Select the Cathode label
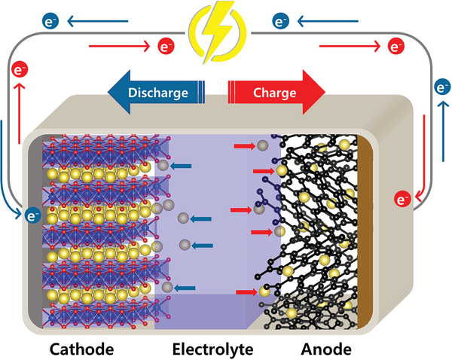(82, 349)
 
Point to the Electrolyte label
(213, 349)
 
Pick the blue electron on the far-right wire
(443, 87)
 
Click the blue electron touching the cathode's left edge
(32, 216)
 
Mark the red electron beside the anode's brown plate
(402, 200)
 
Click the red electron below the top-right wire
(395, 47)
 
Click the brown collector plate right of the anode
(367, 226)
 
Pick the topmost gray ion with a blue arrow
(163, 166)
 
